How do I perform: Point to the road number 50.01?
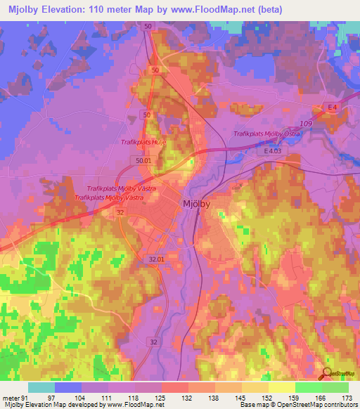[x=144, y=161]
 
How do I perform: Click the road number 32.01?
[x=157, y=259]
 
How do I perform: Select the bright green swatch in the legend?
[x=308, y=387]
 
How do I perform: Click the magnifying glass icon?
[x=328, y=373]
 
